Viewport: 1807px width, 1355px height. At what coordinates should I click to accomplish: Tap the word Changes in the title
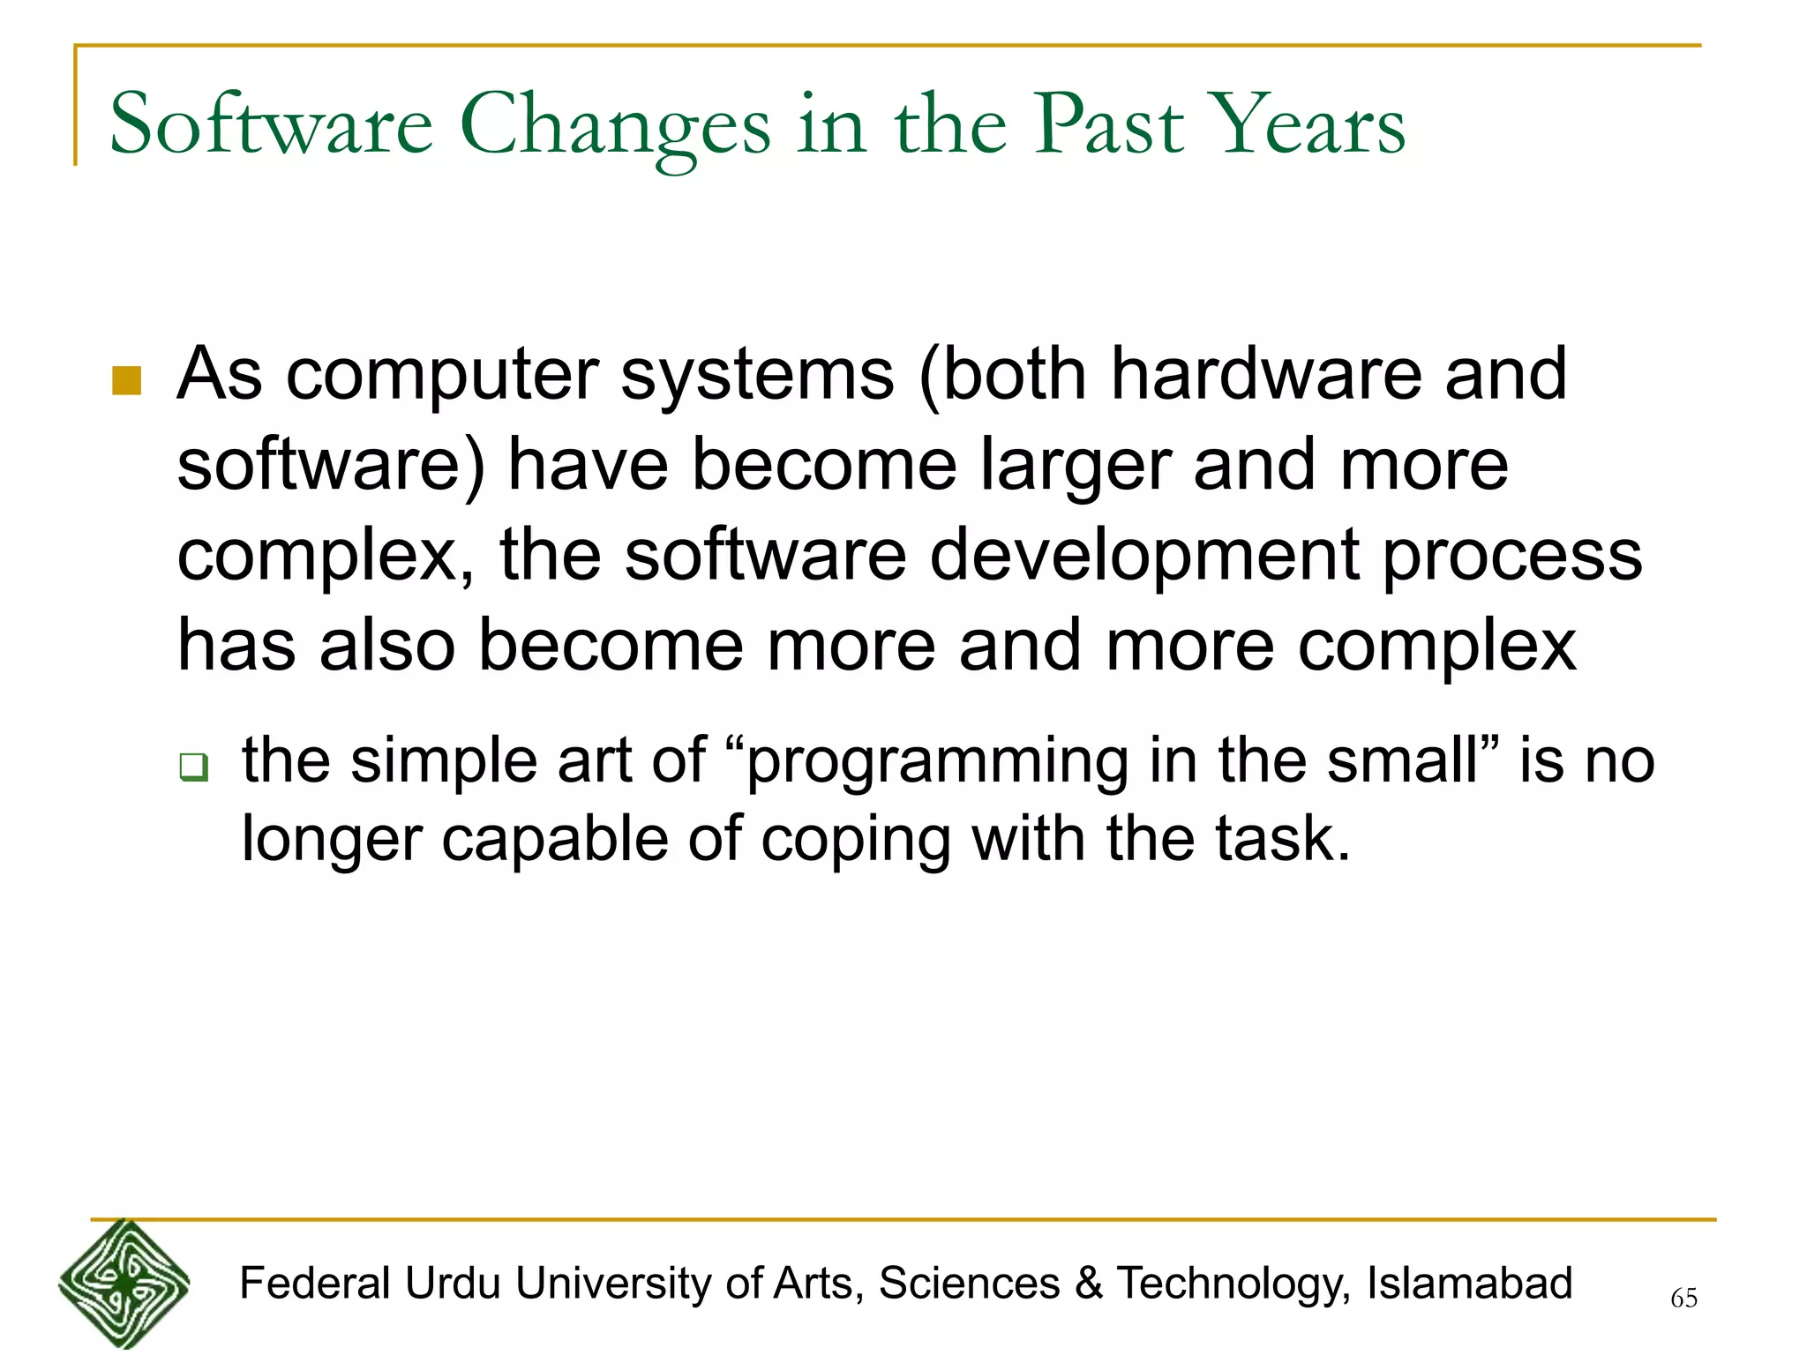pyautogui.click(x=615, y=126)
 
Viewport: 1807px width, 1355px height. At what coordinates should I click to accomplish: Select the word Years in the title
pyautogui.click(x=1307, y=126)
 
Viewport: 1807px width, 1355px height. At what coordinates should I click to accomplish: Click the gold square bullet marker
pyautogui.click(x=127, y=381)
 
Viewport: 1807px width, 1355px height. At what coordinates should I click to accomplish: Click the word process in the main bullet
pyautogui.click(x=1512, y=558)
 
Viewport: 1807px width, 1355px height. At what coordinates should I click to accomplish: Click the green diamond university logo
pyautogui.click(x=124, y=1284)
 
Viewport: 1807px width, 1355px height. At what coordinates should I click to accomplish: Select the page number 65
pyautogui.click(x=1683, y=1298)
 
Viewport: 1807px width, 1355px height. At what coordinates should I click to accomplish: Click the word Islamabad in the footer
pyautogui.click(x=1469, y=1283)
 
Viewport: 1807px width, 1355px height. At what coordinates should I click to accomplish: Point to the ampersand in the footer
pyautogui.click(x=1089, y=1283)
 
